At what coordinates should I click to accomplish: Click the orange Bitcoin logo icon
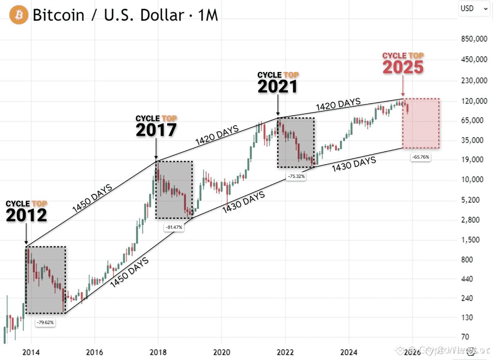pyautogui.click(x=19, y=15)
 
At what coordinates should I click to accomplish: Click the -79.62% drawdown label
pyautogui.click(x=45, y=322)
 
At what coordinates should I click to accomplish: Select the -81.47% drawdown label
pyautogui.click(x=175, y=227)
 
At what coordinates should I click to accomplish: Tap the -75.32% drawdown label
pyautogui.click(x=296, y=176)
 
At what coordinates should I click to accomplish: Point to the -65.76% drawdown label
pyautogui.click(x=421, y=157)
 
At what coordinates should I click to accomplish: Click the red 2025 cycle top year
pyautogui.click(x=403, y=67)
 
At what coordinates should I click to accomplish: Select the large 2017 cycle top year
pyautogui.click(x=156, y=130)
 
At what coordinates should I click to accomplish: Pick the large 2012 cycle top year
pyautogui.click(x=26, y=215)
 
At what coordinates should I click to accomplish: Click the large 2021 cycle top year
pyautogui.click(x=278, y=87)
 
